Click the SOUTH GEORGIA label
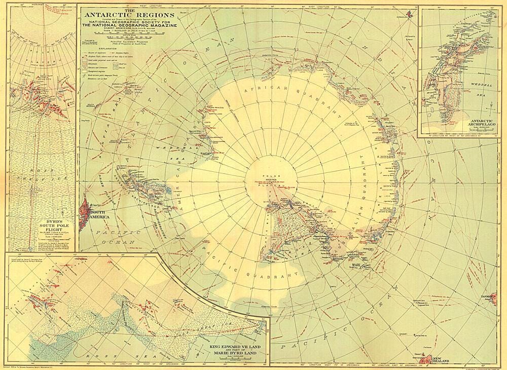point(91,106)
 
